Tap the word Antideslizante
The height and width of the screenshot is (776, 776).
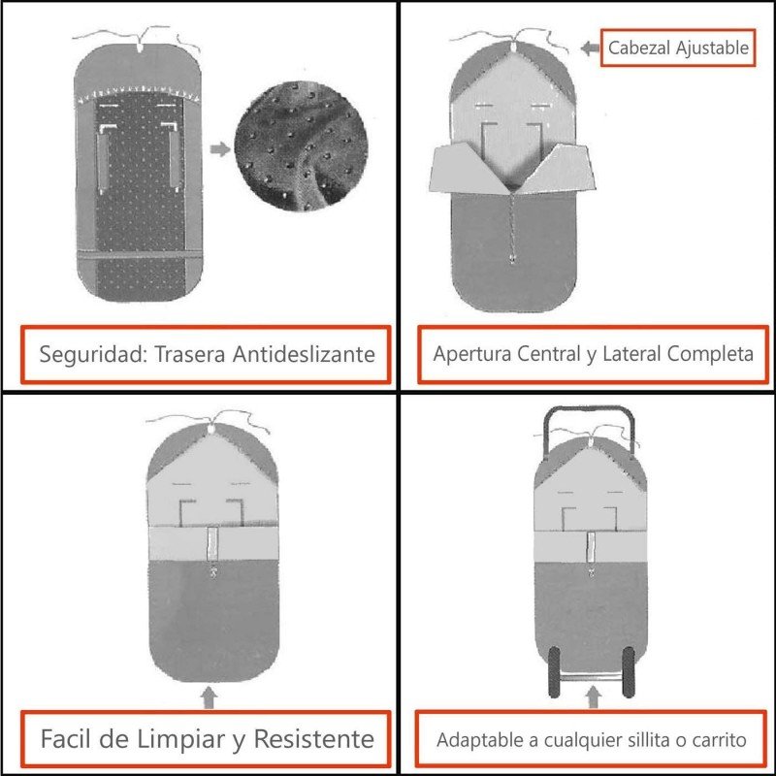pos(304,354)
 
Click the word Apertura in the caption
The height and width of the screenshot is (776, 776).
pos(469,354)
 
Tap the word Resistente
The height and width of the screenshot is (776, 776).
pos(314,740)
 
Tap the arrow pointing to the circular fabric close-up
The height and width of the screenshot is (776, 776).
pos(220,149)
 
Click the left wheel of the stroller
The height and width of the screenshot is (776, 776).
pos(556,670)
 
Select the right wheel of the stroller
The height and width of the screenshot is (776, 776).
pos(630,670)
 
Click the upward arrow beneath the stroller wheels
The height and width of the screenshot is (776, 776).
pos(594,697)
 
